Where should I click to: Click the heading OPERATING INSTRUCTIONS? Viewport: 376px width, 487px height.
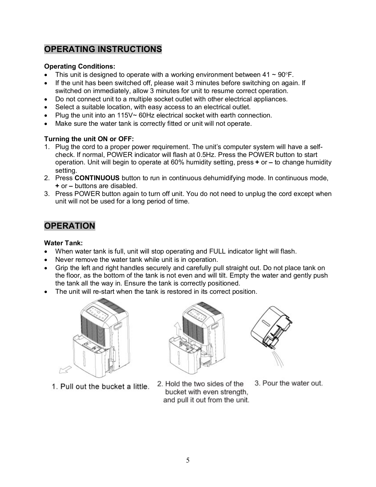(x=103, y=49)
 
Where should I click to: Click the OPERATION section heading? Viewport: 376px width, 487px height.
(x=69, y=226)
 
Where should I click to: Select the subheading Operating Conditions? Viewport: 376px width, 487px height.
(x=80, y=66)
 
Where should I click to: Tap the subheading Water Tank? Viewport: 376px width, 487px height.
(x=63, y=243)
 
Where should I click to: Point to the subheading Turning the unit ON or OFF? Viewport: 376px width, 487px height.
(x=89, y=139)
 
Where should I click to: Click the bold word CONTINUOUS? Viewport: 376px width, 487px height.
(x=97, y=178)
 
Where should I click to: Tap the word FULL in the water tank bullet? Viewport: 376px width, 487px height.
(x=217, y=251)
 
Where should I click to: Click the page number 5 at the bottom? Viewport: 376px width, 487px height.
(x=188, y=460)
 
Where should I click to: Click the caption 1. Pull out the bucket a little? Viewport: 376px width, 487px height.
(x=101, y=386)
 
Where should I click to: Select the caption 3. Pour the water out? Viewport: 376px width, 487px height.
(x=288, y=383)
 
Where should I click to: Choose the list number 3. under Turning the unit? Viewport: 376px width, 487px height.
(x=47, y=194)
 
